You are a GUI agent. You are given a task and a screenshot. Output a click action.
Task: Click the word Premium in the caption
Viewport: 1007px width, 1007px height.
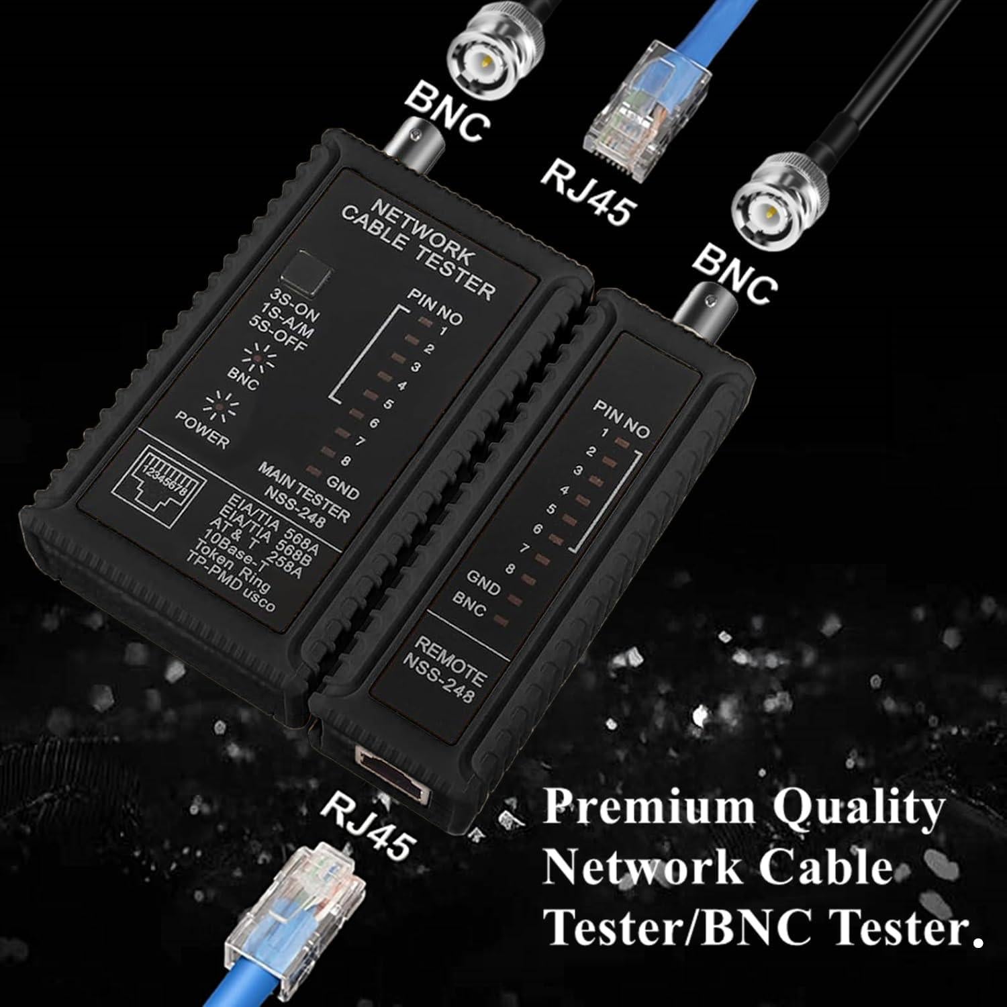[649, 808]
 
